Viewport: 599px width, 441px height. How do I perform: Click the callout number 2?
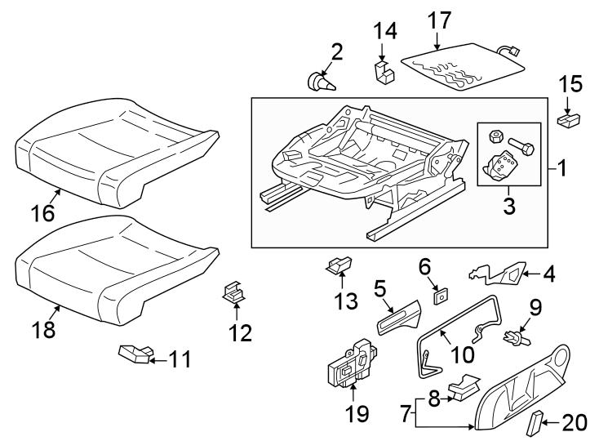[x=335, y=53]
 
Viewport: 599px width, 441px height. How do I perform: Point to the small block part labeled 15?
[x=569, y=120]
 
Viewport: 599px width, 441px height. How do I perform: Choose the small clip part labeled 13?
[x=340, y=265]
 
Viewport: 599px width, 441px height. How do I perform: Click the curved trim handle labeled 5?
[x=400, y=316]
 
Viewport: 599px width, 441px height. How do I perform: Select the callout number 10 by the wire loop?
[x=461, y=356]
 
